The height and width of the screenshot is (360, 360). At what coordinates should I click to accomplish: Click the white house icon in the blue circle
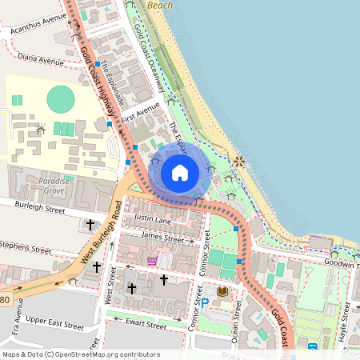(x=179, y=172)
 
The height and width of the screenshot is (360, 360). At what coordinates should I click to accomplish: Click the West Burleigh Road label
(x=100, y=237)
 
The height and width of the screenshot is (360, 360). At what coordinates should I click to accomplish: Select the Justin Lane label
(x=152, y=218)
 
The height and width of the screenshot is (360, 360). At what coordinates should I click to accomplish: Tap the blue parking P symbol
(x=204, y=303)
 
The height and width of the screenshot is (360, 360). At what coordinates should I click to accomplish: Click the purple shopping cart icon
(x=152, y=261)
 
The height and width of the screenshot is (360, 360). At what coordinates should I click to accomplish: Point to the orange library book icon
(x=222, y=291)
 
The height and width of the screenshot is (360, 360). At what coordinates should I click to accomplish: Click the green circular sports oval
(x=61, y=100)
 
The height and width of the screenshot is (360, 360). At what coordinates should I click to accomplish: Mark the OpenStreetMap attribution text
(x=81, y=354)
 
